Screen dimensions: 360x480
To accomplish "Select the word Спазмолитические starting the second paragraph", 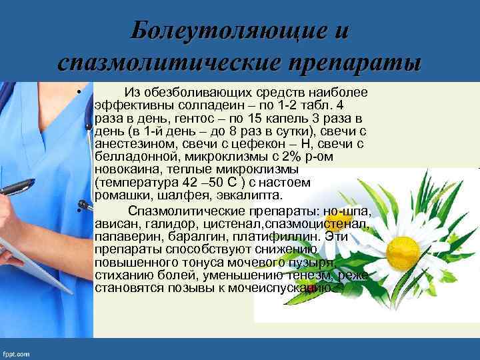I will (179, 212).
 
